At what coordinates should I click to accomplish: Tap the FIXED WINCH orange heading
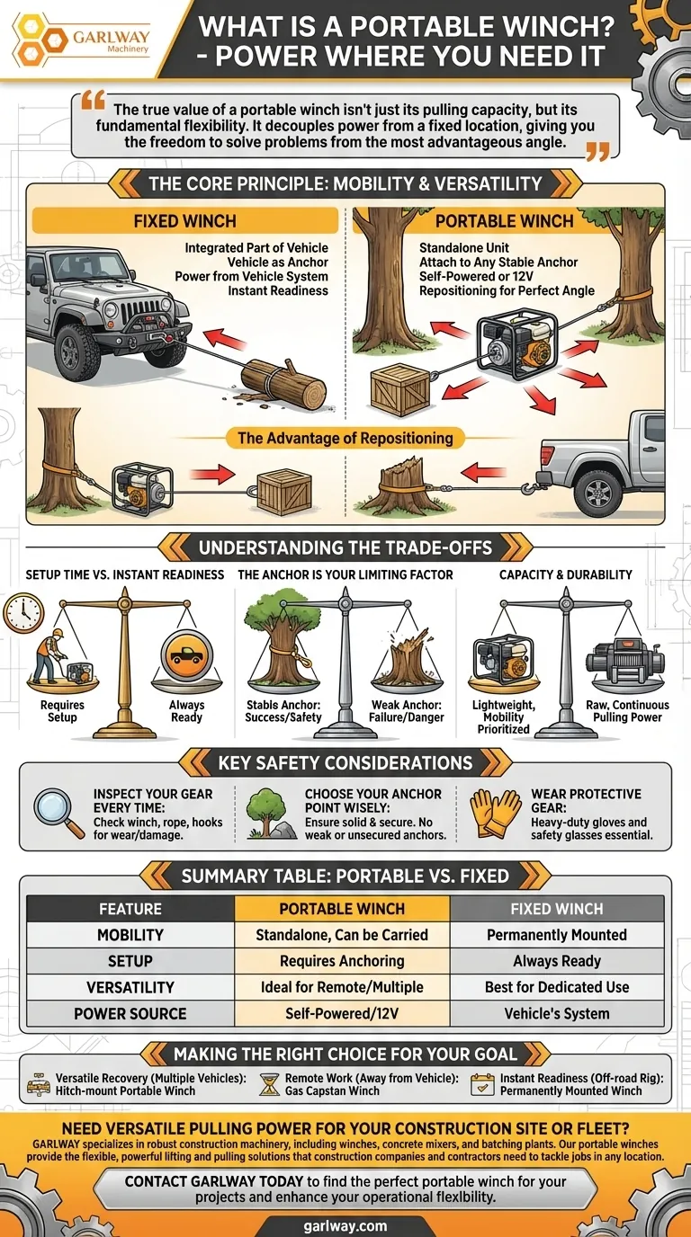185,220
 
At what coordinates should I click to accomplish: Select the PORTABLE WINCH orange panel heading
504,220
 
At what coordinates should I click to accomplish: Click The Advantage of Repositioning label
345,439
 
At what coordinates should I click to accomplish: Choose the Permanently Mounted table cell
557,935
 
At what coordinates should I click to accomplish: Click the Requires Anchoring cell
342,961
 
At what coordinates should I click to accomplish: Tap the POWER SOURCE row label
130,1013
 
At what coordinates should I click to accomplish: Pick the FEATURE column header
130,909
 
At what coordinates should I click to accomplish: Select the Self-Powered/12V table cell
342,1013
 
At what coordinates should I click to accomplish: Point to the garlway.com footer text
345,1225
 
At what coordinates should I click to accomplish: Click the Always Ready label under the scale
186,711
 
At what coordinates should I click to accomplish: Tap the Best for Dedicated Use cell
557,987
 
